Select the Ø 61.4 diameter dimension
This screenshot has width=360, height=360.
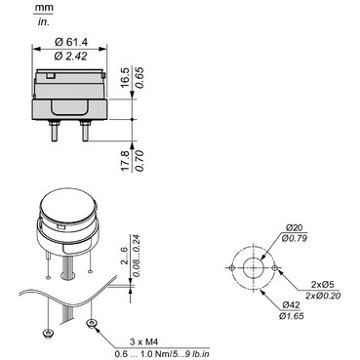pos(70,41)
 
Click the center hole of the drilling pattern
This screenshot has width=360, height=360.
pos(253,268)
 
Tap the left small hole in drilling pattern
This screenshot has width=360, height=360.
pos(232,268)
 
